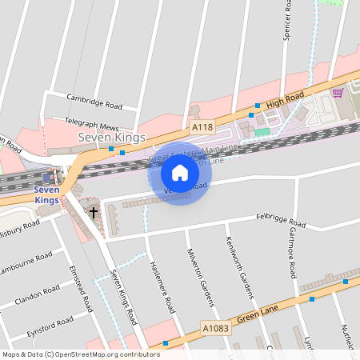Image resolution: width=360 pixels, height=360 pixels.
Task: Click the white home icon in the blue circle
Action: click(180, 172)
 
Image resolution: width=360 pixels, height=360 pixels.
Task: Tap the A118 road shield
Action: click(203, 126)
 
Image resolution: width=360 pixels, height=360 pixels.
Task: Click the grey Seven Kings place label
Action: click(112, 138)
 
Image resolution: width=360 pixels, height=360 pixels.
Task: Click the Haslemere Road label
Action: click(162, 286)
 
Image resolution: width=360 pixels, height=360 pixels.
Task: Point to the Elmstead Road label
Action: click(82, 290)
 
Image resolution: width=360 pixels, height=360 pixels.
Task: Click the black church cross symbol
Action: click(94, 212)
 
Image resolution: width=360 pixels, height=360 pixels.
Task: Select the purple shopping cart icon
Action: click(338, 93)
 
